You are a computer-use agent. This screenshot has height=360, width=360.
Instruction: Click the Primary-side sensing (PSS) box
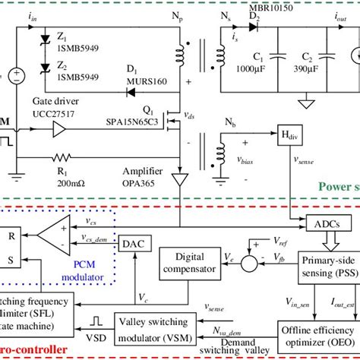(x=327, y=265)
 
